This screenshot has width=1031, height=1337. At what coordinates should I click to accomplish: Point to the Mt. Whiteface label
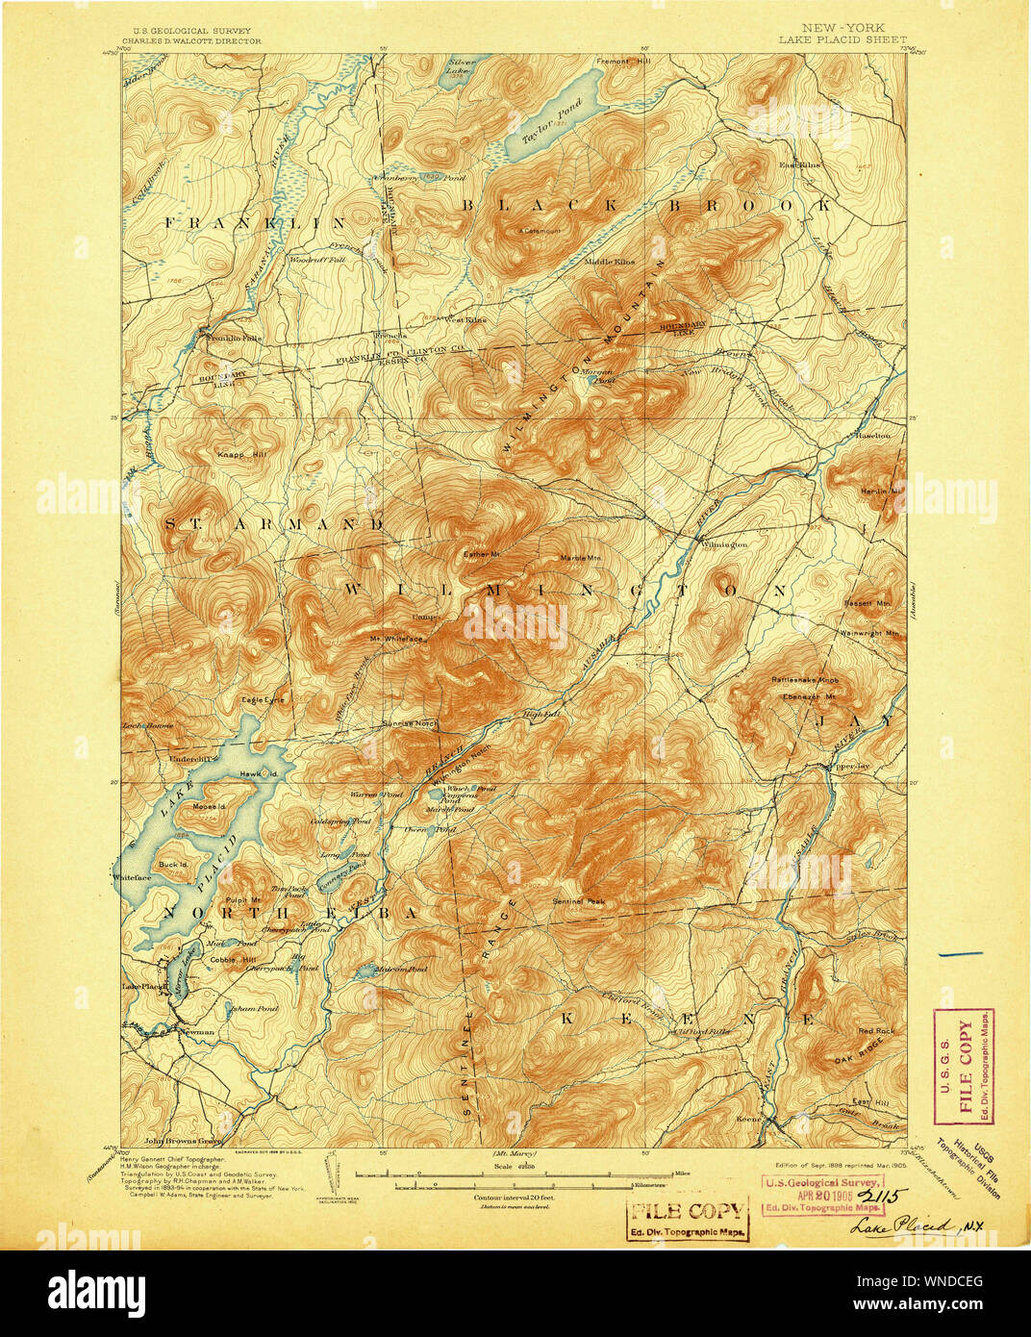[396, 637]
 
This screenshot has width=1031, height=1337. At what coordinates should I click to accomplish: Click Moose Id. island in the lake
[209, 805]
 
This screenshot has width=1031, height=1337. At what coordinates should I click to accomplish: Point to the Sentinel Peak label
[579, 901]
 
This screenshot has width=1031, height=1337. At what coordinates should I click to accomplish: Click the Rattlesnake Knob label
[806, 679]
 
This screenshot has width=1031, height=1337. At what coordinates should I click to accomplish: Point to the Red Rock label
[876, 1031]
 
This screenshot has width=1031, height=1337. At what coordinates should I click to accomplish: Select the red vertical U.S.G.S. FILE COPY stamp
[965, 1066]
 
